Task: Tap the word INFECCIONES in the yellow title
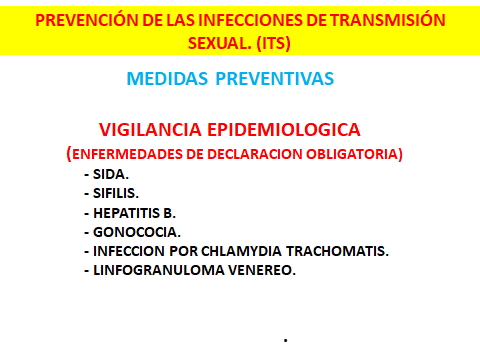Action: [225, 20]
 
